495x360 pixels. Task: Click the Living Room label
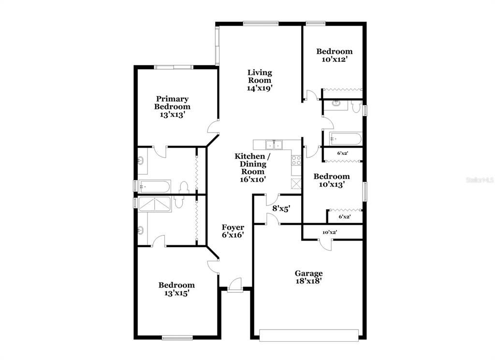[260, 76]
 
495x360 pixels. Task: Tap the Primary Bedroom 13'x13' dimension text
[172, 114]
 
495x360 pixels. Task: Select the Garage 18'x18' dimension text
[308, 281]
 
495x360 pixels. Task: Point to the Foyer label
[233, 227]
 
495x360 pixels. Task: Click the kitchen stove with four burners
[296, 161]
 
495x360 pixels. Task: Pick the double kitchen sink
[274, 145]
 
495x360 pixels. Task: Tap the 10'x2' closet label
[330, 232]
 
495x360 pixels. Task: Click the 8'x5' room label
[281, 209]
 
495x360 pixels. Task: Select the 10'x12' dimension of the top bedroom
[335, 59]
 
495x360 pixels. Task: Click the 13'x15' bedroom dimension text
[176, 293]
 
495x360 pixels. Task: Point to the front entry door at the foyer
[234, 285]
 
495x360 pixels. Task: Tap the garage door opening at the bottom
[309, 335]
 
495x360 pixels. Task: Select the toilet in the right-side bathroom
[356, 106]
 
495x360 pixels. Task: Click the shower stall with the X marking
[155, 204]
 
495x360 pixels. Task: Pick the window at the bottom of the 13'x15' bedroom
[177, 338]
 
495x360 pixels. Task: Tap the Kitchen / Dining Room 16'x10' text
[252, 168]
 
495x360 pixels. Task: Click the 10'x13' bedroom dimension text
[332, 184]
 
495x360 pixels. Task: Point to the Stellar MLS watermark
[480, 180]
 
